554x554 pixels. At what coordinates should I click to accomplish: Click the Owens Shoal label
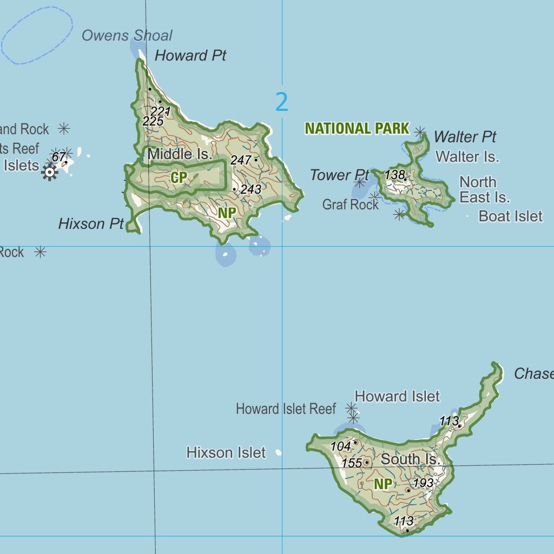tap(127, 36)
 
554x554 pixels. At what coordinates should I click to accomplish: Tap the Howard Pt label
tap(190, 56)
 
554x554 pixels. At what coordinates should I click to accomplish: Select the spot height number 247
tap(241, 160)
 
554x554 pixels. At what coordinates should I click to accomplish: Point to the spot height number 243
tap(251, 189)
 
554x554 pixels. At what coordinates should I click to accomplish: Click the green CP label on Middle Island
tap(179, 177)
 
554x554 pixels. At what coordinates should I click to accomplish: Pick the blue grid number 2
tap(282, 102)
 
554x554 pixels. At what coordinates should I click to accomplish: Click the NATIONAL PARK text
tap(357, 129)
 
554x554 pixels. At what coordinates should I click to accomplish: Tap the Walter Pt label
tap(465, 137)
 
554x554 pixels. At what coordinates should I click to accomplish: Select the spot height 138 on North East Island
tap(394, 175)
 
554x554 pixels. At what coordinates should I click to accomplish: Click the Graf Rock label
tap(350, 205)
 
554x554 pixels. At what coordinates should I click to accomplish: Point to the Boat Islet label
tap(510, 216)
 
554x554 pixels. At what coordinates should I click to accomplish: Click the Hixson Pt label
tap(91, 224)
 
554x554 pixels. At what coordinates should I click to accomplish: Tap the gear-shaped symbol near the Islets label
tap(49, 173)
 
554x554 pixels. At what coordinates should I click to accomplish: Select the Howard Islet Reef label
tap(286, 409)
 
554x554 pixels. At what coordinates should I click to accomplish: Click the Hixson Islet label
tap(226, 452)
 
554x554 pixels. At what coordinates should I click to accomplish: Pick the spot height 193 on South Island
tap(423, 483)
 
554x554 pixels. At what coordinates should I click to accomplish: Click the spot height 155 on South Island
tap(352, 463)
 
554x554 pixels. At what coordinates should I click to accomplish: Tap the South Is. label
tap(411, 459)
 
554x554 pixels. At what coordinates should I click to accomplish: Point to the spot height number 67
tap(58, 157)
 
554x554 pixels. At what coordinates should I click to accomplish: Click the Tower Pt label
tap(339, 175)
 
